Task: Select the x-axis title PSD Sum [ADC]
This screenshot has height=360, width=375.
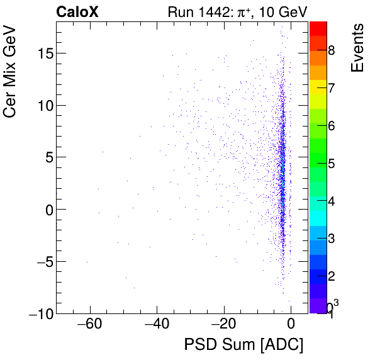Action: tap(243, 345)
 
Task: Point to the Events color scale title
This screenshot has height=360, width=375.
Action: tap(357, 48)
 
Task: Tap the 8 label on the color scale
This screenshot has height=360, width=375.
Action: tap(331, 50)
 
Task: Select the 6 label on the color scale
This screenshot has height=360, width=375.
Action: tap(331, 125)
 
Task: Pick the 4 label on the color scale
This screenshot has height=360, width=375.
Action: tap(331, 201)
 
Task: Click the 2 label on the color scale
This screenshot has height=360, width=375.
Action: tap(331, 276)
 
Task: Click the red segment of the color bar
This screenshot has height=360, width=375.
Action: tap(318, 28)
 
